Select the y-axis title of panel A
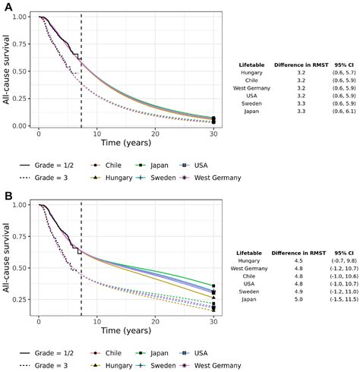[7, 71]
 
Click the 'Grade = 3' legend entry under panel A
[49, 178]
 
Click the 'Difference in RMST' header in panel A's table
[297, 65]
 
